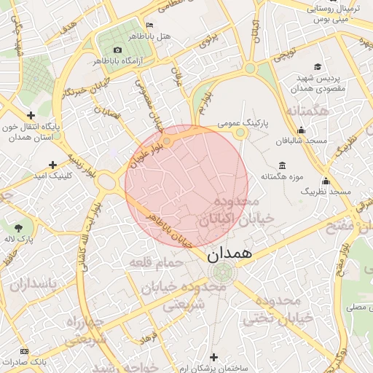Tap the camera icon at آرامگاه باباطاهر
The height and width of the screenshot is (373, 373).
pos(117,50)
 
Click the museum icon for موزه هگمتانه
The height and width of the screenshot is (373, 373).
pos(283,165)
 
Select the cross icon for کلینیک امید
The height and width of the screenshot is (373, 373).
pos(52,165)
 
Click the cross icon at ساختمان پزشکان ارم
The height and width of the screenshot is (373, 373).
pos(213,357)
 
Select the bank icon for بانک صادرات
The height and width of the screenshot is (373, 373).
pos(25,351)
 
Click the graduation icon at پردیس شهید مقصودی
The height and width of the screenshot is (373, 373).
pos(301,76)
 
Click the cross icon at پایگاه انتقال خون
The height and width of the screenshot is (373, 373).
pos(31,114)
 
